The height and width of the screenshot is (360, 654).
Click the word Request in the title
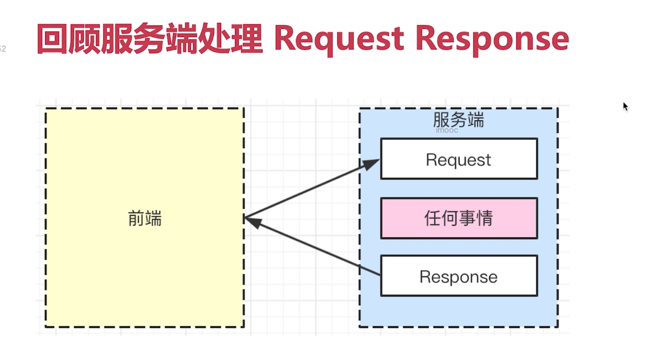click(339, 39)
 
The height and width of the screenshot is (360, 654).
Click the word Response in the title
click(492, 39)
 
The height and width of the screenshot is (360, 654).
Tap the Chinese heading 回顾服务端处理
click(150, 39)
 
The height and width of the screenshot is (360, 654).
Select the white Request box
click(459, 159)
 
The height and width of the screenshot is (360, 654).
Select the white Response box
click(459, 276)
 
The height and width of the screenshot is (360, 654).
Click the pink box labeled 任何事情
click(459, 218)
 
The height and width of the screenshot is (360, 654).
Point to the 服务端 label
click(458, 119)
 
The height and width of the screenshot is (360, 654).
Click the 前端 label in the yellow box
click(144, 218)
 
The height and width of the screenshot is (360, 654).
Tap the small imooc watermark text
click(447, 130)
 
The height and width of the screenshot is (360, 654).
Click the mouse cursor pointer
click(625, 107)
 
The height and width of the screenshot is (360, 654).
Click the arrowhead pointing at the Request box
click(371, 164)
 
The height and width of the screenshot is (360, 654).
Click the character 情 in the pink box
click(485, 218)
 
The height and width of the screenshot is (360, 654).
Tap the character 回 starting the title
click(52, 39)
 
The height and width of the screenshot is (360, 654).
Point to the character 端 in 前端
click(153, 218)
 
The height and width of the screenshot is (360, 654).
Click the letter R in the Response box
click(424, 277)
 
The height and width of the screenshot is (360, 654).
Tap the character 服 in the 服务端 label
click(441, 120)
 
